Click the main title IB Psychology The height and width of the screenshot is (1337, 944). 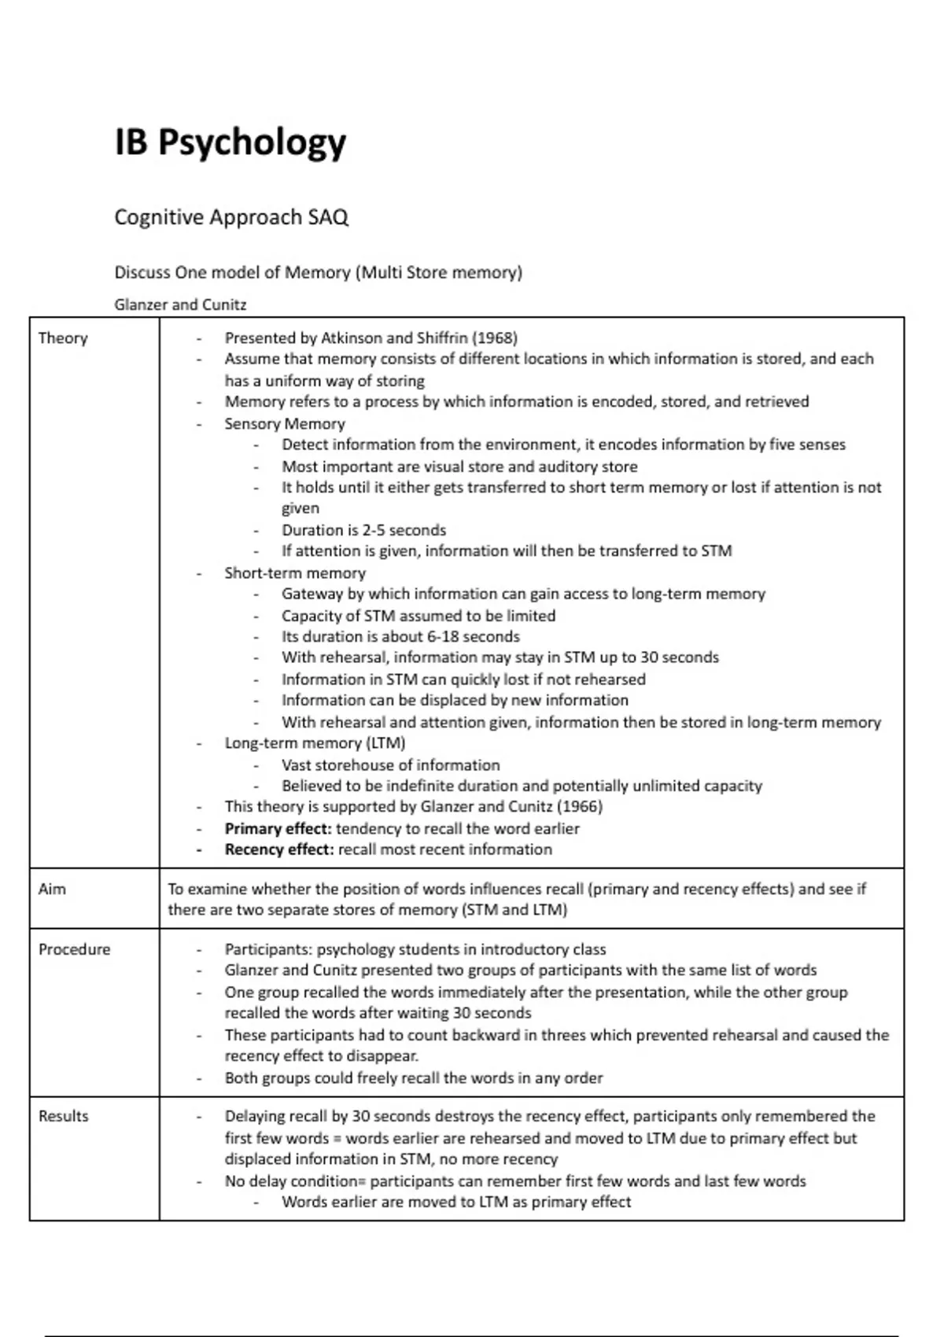[x=230, y=143]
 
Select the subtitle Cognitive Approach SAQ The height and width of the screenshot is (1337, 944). [x=231, y=217]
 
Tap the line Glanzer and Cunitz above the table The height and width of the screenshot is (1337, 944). [x=180, y=304]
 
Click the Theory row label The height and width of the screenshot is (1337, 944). [x=63, y=338]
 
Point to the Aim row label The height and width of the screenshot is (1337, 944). [x=52, y=889]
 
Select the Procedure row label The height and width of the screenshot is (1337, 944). [x=74, y=949]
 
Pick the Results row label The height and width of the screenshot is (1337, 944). [x=63, y=1116]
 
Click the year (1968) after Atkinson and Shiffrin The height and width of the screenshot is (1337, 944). [x=495, y=338]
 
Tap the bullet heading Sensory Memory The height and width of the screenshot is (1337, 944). [x=285, y=424]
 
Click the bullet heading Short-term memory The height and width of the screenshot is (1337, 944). [x=295, y=573]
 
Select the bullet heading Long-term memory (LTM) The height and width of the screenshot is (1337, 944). [x=315, y=743]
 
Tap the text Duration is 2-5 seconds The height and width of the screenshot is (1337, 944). [x=363, y=530]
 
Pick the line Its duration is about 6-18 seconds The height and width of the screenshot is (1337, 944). [x=400, y=637]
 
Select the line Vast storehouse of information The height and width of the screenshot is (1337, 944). [x=390, y=765]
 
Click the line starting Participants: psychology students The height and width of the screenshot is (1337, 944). [x=415, y=950]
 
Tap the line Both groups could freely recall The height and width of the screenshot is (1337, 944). [x=414, y=1078]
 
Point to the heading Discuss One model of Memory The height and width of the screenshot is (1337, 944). [x=318, y=273]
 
